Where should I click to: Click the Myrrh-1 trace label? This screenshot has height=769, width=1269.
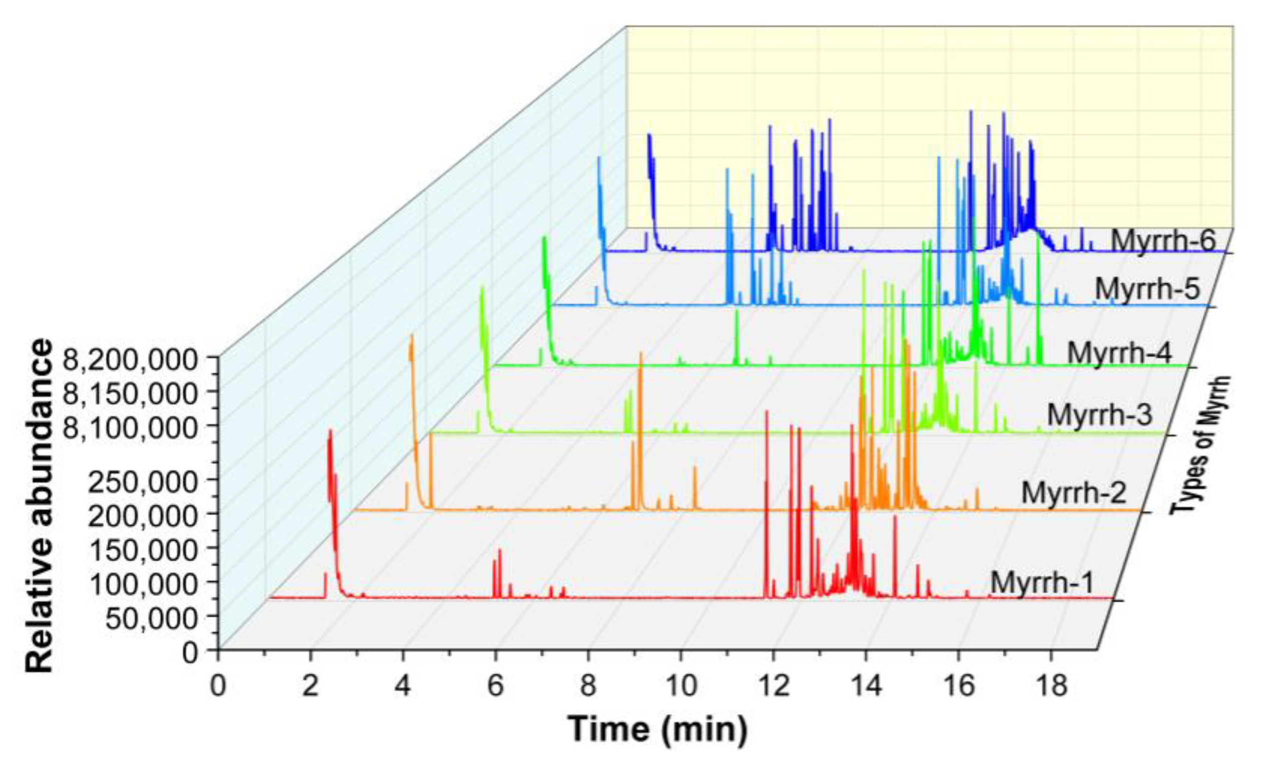pyautogui.click(x=1041, y=583)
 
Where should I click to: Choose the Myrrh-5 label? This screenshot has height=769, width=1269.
pyautogui.click(x=1147, y=289)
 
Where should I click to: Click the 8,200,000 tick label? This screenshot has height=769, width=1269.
pyautogui.click(x=130, y=360)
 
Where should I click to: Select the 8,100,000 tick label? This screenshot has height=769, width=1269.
pyautogui.click(x=130, y=427)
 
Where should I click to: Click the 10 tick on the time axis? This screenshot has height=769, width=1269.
pyautogui.click(x=681, y=686)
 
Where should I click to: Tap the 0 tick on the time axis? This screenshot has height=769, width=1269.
pyautogui.click(x=218, y=686)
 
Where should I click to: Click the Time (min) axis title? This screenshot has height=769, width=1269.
pyautogui.click(x=658, y=729)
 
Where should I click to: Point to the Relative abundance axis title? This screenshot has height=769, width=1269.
pyautogui.click(x=39, y=505)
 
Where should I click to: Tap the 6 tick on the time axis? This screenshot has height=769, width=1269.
pyautogui.click(x=495, y=686)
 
